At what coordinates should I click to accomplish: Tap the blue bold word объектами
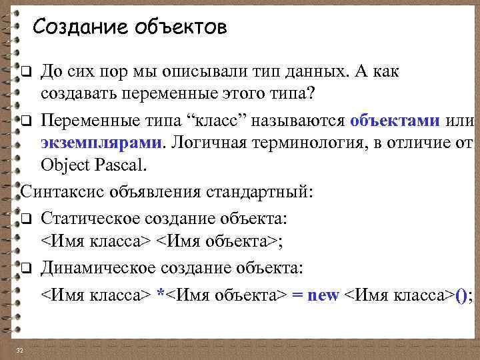[394, 121]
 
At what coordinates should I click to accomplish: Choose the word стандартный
[259, 193]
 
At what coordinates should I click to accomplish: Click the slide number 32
[20, 351]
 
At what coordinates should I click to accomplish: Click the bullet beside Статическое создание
[26, 220]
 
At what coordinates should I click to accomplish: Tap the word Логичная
[210, 143]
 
